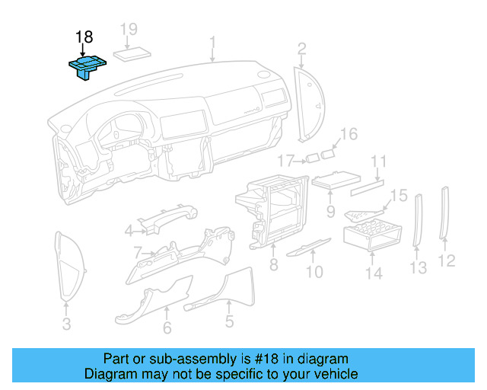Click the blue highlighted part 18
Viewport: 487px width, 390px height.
[x=86, y=66]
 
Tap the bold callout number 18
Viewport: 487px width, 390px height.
[x=84, y=37]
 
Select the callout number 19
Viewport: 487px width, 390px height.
[x=129, y=30]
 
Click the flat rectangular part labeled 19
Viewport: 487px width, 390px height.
[x=132, y=54]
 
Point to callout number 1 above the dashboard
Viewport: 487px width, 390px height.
[x=213, y=41]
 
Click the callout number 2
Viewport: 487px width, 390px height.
[x=302, y=50]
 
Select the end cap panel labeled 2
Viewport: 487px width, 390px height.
[x=310, y=104]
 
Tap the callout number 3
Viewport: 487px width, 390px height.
[x=66, y=325]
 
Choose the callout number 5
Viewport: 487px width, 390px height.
[x=229, y=322]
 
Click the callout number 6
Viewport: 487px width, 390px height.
[x=167, y=328]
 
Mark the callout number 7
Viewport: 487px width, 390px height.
[x=137, y=252]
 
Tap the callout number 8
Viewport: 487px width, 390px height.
[x=273, y=265]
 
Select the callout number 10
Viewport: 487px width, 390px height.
[x=314, y=271]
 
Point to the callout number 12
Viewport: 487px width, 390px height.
[x=447, y=261]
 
